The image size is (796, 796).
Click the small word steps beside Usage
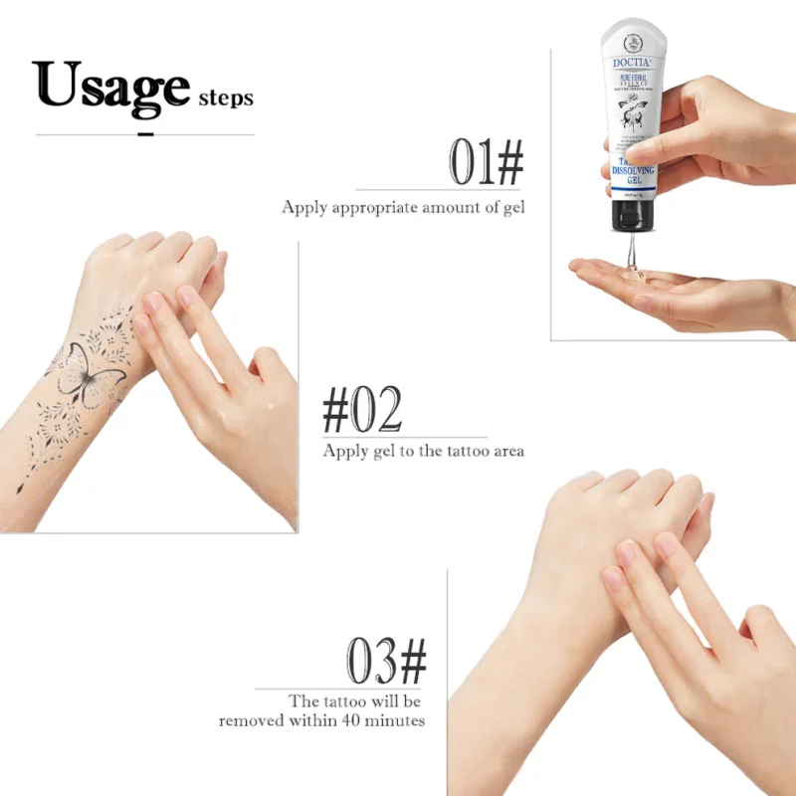tap(226, 98)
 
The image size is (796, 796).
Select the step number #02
tap(363, 409)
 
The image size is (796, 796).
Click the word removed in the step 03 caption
tap(253, 719)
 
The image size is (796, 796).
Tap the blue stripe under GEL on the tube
tap(628, 192)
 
